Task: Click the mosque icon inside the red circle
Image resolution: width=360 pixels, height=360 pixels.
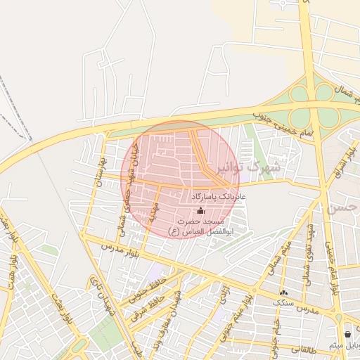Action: pos(200,210)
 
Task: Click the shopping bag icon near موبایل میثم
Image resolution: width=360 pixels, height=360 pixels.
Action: pos(348,334)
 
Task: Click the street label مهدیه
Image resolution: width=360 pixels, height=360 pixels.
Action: pos(153,212)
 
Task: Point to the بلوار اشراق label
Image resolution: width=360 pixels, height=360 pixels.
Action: pos(343,161)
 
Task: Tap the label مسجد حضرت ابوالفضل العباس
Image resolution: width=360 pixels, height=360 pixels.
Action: pos(202,226)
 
